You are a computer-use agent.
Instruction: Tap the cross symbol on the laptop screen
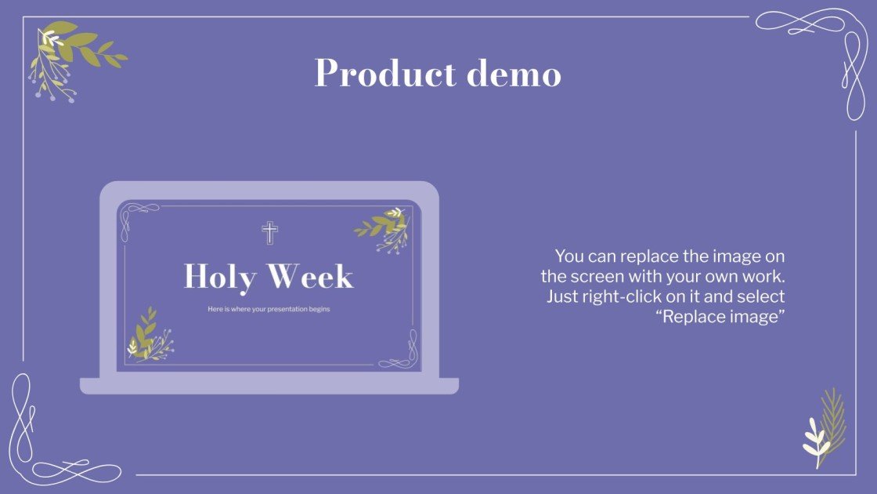pos(269,232)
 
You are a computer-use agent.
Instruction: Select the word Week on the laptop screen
pos(310,277)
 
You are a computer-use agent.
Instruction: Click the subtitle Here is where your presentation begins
pos(269,309)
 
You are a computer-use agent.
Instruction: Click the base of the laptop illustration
pos(269,386)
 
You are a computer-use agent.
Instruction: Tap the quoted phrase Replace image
pos(720,318)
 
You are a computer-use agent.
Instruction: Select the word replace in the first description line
pos(644,256)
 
